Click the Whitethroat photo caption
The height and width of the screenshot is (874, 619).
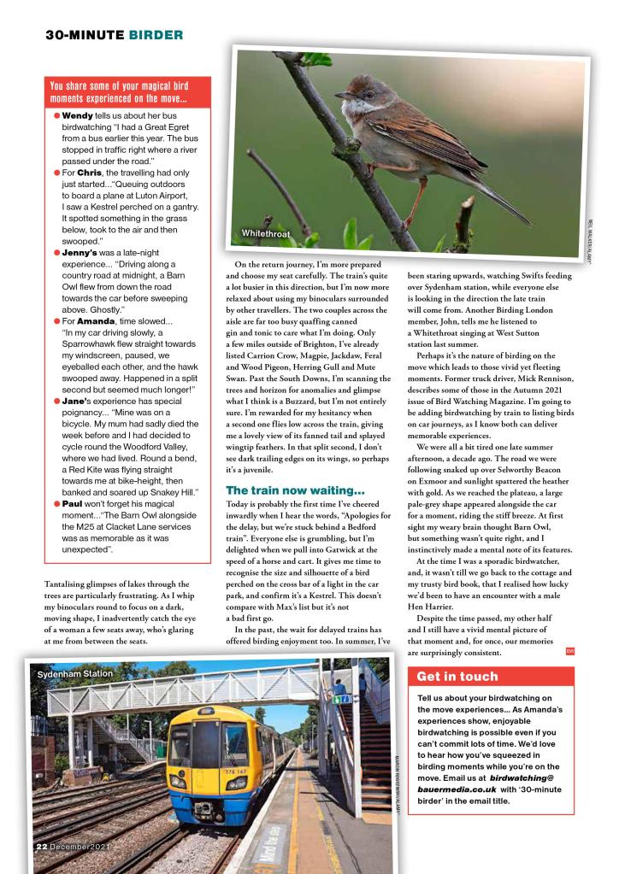click(x=267, y=232)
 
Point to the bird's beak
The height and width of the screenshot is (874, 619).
click(x=340, y=94)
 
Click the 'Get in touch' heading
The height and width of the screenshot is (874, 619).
click(x=457, y=677)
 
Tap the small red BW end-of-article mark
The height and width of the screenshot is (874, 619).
click(x=570, y=652)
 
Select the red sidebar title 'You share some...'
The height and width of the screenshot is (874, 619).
click(x=117, y=91)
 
